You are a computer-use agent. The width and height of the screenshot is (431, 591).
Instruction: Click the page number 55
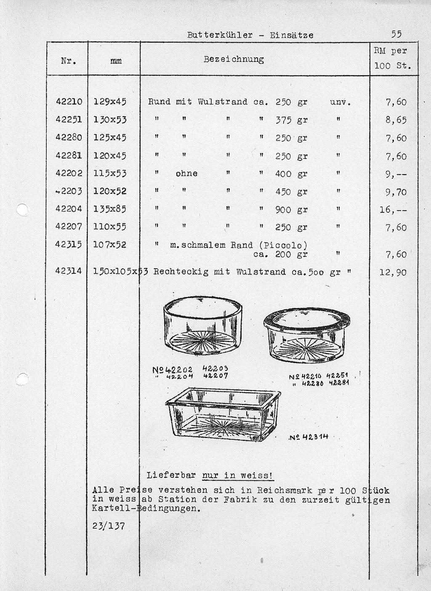tap(396, 34)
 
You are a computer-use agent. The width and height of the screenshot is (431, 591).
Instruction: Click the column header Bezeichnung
tap(234, 59)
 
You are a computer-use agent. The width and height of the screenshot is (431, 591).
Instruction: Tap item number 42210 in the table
tap(69, 102)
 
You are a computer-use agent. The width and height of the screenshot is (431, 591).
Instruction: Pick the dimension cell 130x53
tap(110, 120)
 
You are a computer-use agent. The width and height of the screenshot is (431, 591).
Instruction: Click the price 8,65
tap(396, 120)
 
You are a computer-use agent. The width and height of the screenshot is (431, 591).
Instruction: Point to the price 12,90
tap(393, 273)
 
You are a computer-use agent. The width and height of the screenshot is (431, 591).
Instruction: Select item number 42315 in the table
tap(69, 245)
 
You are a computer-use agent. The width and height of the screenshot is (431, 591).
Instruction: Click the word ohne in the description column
tap(186, 174)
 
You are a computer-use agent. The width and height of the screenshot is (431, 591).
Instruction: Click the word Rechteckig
tap(181, 272)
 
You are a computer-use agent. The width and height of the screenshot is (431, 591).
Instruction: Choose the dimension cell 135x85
tap(110, 209)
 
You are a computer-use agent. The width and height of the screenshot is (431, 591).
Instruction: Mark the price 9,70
tap(396, 192)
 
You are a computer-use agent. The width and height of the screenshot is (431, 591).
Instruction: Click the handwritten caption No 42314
tap(309, 437)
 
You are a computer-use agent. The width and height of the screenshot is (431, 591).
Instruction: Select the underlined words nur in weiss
tap(238, 476)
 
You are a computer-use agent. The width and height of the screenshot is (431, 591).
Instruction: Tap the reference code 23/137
tap(108, 526)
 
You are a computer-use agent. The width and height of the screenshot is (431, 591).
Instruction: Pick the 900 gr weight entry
tap(291, 209)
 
